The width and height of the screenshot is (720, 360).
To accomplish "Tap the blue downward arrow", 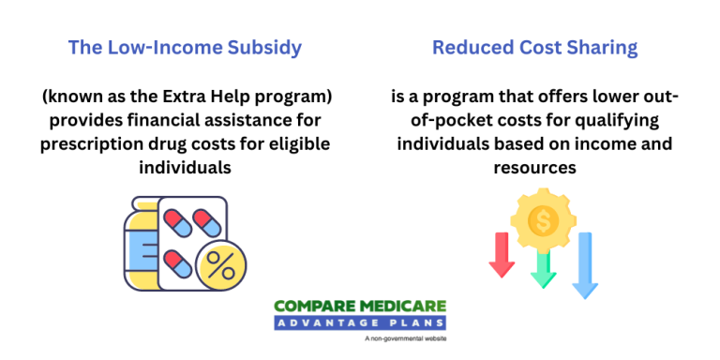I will [585, 266].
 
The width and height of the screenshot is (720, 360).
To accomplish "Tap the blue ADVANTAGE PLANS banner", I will [360, 323].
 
